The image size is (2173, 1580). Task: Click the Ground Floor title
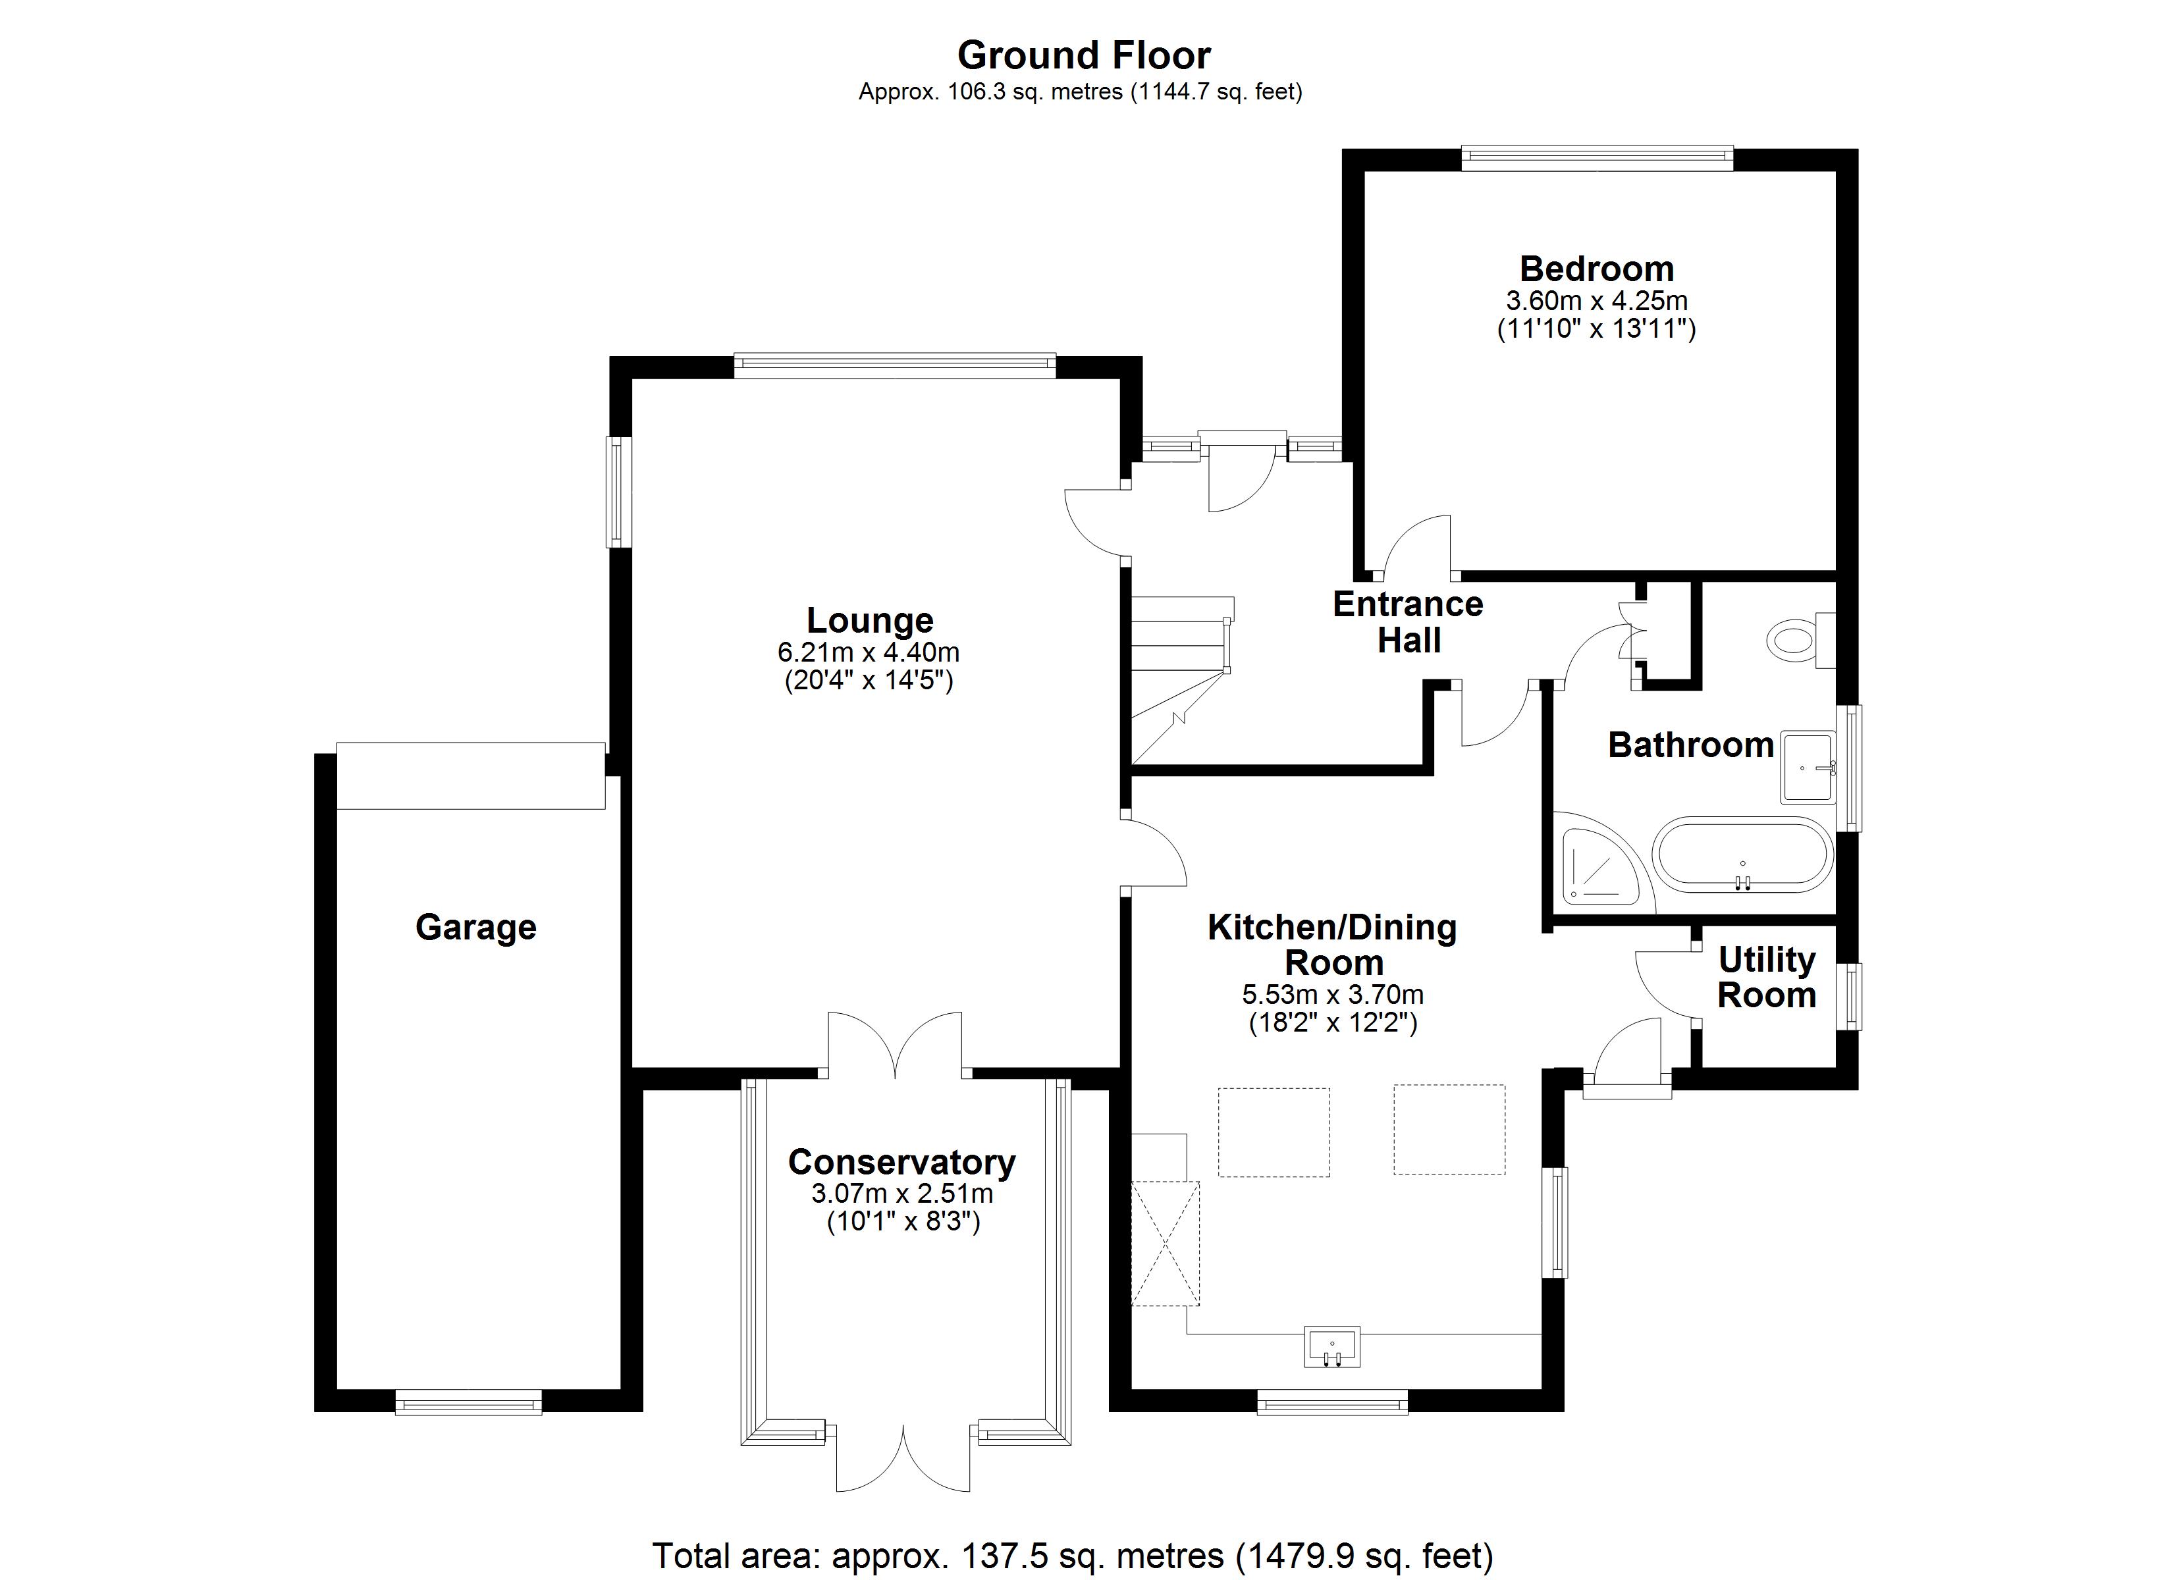point(1084,55)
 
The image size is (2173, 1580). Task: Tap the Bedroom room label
point(1596,269)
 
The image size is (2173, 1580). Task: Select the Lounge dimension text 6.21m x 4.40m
point(868,652)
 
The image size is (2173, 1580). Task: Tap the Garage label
point(475,928)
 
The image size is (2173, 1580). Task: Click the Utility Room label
point(1767,978)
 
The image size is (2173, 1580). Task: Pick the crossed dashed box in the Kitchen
point(1165,1244)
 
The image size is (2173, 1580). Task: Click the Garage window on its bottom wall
point(469,1405)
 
